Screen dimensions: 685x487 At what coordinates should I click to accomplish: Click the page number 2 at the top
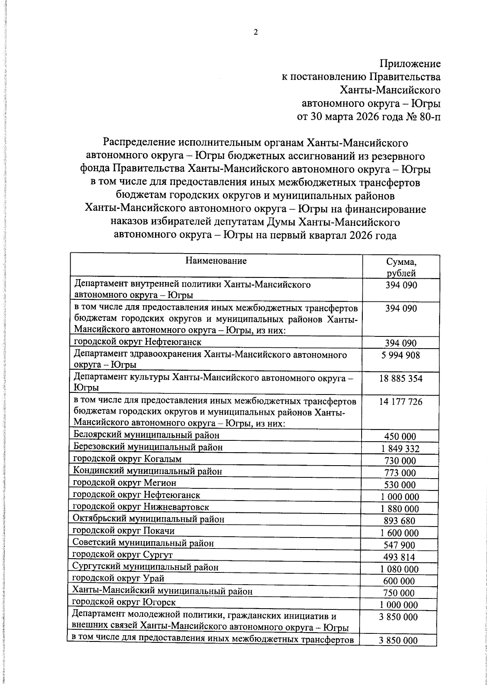(x=255, y=33)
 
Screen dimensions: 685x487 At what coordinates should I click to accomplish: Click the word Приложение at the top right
(x=409, y=64)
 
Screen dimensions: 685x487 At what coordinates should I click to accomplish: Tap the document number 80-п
(x=427, y=117)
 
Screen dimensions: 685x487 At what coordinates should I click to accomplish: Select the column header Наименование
(x=216, y=261)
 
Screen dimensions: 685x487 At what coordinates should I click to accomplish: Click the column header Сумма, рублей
(x=401, y=267)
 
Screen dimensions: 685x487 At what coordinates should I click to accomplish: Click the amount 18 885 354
(x=401, y=379)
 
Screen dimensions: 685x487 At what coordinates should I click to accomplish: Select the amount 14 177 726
(x=401, y=402)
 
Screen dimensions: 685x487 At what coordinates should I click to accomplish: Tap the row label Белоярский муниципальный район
(x=147, y=435)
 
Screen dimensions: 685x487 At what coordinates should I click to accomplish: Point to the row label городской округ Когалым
(x=127, y=459)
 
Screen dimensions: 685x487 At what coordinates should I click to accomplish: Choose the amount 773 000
(x=400, y=473)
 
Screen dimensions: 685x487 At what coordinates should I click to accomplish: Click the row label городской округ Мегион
(x=125, y=483)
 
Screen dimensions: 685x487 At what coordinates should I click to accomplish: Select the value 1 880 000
(x=400, y=509)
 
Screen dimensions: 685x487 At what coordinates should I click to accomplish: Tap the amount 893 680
(x=400, y=521)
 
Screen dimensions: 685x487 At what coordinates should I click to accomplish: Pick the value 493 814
(x=400, y=557)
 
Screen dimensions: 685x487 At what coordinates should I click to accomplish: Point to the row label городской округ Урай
(x=118, y=579)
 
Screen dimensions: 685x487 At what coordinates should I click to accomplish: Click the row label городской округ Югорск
(x=124, y=603)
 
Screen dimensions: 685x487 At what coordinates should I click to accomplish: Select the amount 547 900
(x=400, y=545)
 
